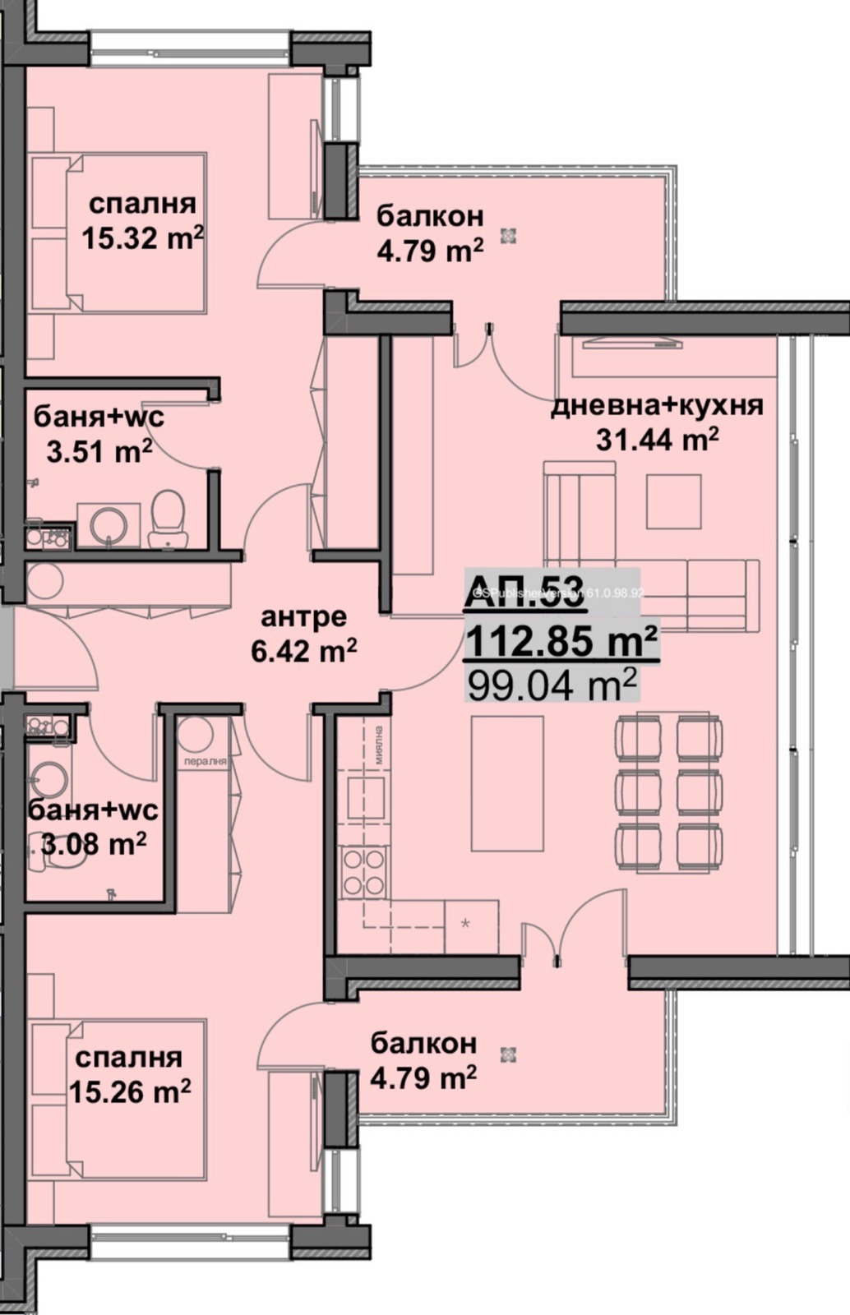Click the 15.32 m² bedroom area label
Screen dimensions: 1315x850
pyautogui.click(x=141, y=238)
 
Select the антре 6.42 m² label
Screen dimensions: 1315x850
pyautogui.click(x=303, y=634)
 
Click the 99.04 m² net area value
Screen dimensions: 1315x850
pyautogui.click(x=552, y=684)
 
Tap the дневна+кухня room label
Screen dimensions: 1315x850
pyautogui.click(x=656, y=406)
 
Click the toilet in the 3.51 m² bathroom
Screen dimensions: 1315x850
pyautogui.click(x=169, y=518)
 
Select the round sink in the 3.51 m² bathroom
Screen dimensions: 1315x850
pyautogui.click(x=109, y=524)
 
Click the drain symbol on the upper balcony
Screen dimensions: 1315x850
pyautogui.click(x=509, y=236)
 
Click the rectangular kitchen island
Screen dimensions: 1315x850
pyautogui.click(x=506, y=782)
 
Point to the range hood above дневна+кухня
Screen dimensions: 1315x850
pyautogui.click(x=632, y=344)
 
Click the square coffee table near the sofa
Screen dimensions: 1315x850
pyautogui.click(x=673, y=501)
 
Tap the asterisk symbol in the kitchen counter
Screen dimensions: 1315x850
pyautogui.click(x=465, y=924)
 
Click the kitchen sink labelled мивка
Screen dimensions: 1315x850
pyautogui.click(x=365, y=795)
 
